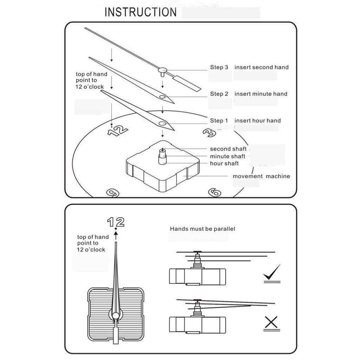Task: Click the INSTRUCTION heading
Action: (141, 12)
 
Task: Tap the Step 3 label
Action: (219, 67)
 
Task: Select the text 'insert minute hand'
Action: (261, 94)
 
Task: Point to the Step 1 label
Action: (219, 121)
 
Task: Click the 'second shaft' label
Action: (228, 149)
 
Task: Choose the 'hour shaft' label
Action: (224, 163)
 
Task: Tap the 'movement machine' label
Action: (261, 176)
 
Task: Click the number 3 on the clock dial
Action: (210, 132)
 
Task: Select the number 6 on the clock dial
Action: (214, 192)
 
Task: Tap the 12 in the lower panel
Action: (116, 222)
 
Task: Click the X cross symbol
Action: (271, 322)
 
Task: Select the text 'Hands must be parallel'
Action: (202, 229)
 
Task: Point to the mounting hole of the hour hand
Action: (162, 123)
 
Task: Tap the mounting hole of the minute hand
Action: (162, 96)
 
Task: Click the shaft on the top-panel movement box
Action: (162, 155)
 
